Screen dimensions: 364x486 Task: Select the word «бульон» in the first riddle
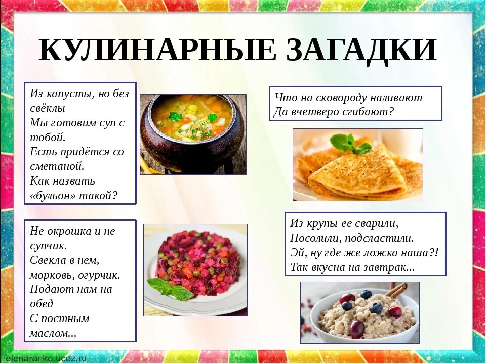[55, 196]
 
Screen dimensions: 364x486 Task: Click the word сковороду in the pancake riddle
[348, 97]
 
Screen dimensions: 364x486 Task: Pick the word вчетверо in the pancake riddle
[316, 111]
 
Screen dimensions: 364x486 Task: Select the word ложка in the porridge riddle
[382, 252]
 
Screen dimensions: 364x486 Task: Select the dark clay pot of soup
[193, 134]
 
